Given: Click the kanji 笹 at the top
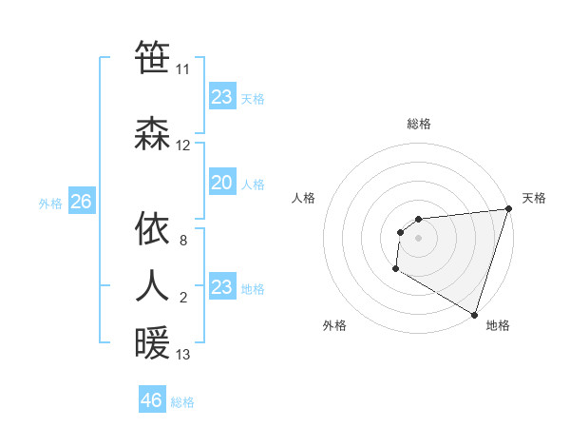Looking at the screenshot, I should coord(152,57).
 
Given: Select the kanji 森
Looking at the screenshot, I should coord(152,133).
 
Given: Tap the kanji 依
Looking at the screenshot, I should coord(152,228).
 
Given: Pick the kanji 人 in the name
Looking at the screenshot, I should coord(152,285).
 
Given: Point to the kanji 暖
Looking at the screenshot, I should coord(152,342).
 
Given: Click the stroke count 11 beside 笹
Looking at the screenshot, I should coord(182,69).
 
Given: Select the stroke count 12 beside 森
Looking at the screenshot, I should coord(182,146).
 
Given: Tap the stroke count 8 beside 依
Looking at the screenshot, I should coord(182,242).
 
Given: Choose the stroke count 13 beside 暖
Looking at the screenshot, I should coord(182,355).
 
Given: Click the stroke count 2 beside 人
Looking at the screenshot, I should coord(182,299).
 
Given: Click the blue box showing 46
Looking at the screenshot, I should coord(151,400).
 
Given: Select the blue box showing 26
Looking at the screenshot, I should coord(81,202).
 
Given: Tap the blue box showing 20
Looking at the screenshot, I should coord(221,183).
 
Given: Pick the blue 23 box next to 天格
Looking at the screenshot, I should coord(221,97).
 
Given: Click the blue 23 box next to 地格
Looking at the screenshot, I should coord(221,287).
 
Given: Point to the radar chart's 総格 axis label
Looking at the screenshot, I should coord(418,124).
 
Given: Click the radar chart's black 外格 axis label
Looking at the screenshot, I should coord(334,325).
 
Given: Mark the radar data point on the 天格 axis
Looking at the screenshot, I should coord(508,209).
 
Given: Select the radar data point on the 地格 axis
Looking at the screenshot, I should coord(474,315).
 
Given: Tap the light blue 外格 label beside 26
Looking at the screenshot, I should coord(49,203).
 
